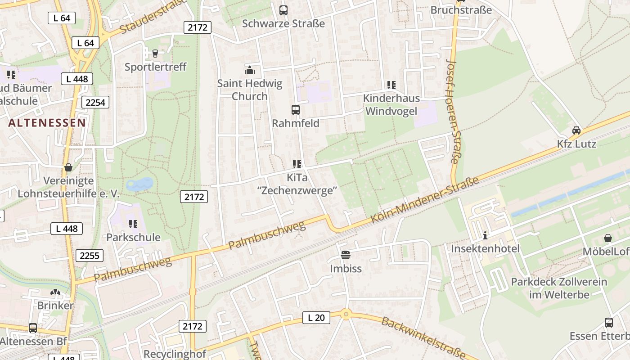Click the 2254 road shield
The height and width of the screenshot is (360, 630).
pos(95,103)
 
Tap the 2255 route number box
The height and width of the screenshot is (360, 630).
pos(90,256)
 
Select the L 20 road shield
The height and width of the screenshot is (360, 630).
pos(316,318)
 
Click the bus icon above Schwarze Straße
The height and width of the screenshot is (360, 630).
pos(283,10)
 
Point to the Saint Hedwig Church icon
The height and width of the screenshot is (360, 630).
pos(249,70)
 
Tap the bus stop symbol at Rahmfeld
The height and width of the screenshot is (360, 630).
pos(296,109)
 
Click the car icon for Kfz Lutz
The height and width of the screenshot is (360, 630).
pos(576,130)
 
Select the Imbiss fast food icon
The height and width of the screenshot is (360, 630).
pos(346,256)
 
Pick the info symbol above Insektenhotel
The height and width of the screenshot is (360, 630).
pos(485,235)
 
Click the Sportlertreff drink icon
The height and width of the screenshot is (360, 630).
pos(155,54)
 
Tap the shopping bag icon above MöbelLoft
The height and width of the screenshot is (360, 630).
pos(608,238)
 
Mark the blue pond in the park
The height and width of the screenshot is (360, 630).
pos(140,184)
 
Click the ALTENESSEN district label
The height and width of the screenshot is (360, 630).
pos(47,122)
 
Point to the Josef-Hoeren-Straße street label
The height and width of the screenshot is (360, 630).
pos(454,111)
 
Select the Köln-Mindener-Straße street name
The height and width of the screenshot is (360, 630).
pos(424,200)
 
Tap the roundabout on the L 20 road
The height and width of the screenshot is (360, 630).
pos(346,314)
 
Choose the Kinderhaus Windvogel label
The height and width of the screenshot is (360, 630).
pos(391,105)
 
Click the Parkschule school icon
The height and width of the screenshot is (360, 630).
pos(133,224)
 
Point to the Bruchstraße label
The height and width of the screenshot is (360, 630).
pos(461,10)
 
